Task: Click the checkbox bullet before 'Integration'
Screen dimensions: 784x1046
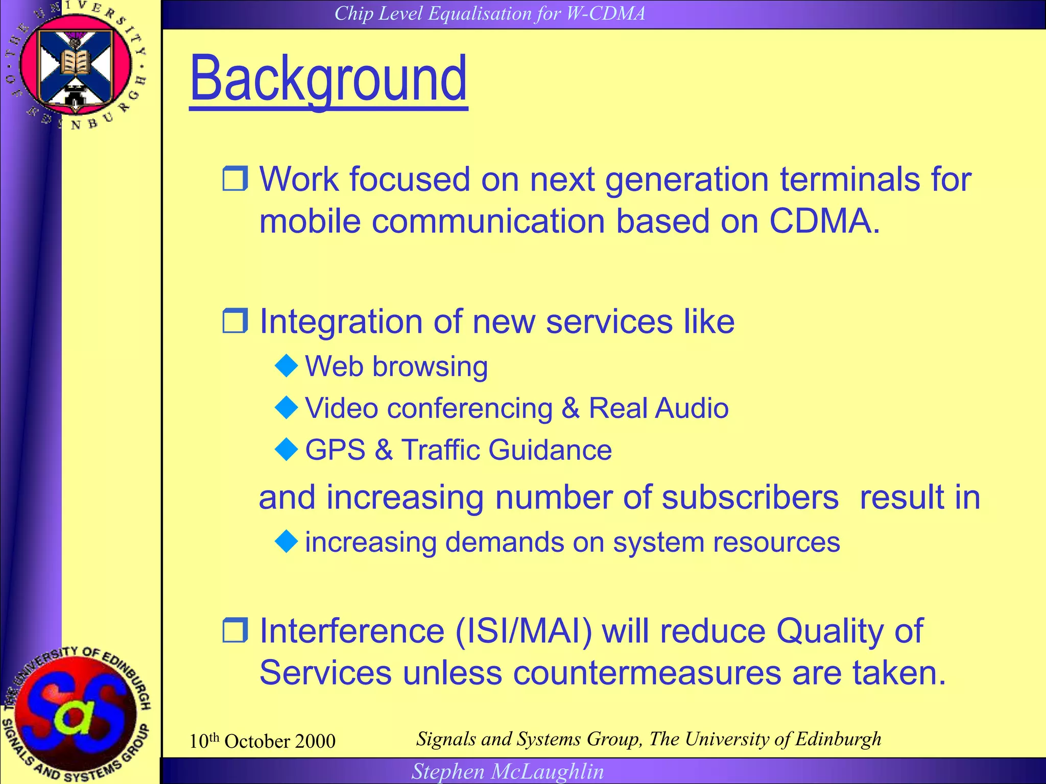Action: [235, 321]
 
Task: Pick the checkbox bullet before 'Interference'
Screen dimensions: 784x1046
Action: [235, 630]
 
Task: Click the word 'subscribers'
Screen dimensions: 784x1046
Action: [750, 497]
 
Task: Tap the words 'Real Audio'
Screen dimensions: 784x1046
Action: [658, 408]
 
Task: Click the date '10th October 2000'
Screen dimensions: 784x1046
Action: [262, 741]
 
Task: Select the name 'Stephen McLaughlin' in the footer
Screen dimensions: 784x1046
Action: [508, 771]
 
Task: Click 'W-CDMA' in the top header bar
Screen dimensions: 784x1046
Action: [606, 13]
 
